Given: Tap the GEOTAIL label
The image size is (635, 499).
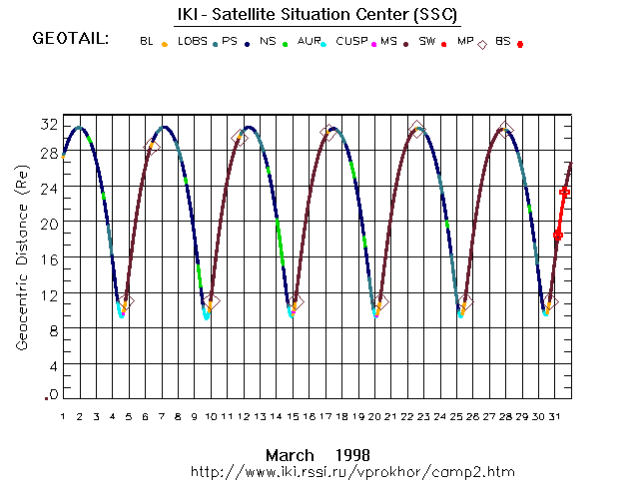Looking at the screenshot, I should [71, 40].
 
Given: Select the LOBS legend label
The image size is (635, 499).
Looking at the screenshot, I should [193, 41].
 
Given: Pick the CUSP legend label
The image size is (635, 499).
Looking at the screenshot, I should [350, 41].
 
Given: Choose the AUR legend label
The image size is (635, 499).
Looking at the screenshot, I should [310, 41].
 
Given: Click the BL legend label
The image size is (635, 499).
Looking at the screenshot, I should [147, 41].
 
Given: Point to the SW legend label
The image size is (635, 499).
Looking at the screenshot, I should [427, 41].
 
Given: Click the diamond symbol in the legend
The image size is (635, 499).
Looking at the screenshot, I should [483, 44].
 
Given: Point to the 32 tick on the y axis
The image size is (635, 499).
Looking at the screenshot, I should [49, 125].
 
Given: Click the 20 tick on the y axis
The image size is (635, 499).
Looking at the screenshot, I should [49, 224].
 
